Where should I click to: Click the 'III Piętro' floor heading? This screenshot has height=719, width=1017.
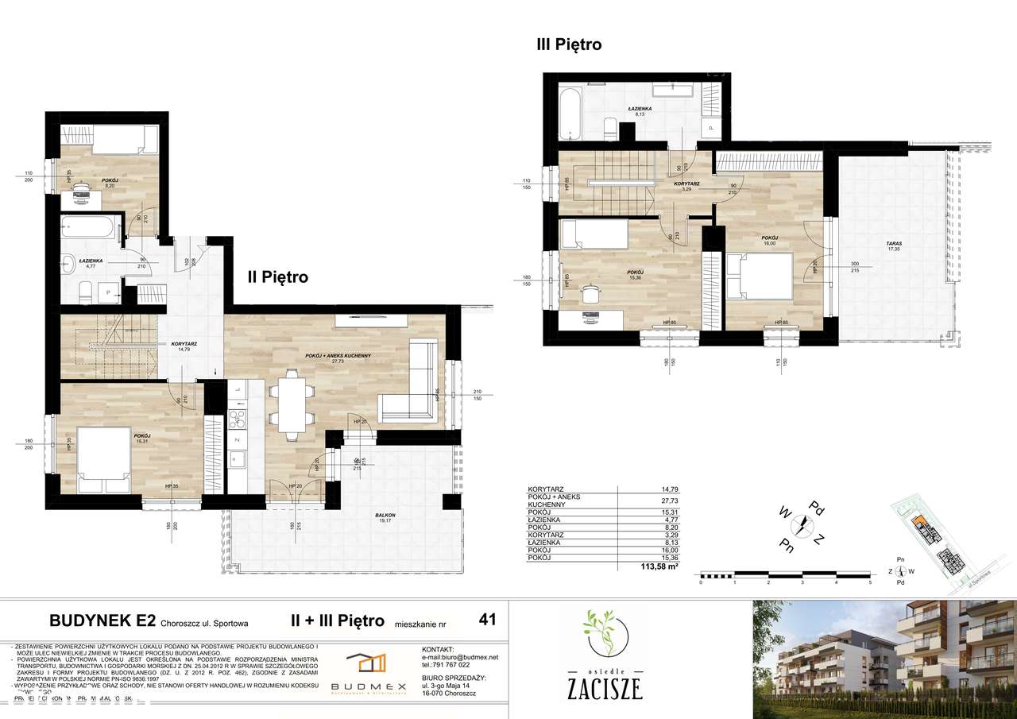(x=569, y=45)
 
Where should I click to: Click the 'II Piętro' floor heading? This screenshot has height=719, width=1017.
(x=276, y=277)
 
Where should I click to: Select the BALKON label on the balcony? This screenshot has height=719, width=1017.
(x=387, y=515)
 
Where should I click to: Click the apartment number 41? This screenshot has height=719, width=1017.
(x=488, y=620)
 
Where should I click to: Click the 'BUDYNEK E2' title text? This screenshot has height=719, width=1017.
(x=102, y=620)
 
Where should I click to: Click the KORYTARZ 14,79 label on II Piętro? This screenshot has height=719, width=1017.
(x=183, y=346)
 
